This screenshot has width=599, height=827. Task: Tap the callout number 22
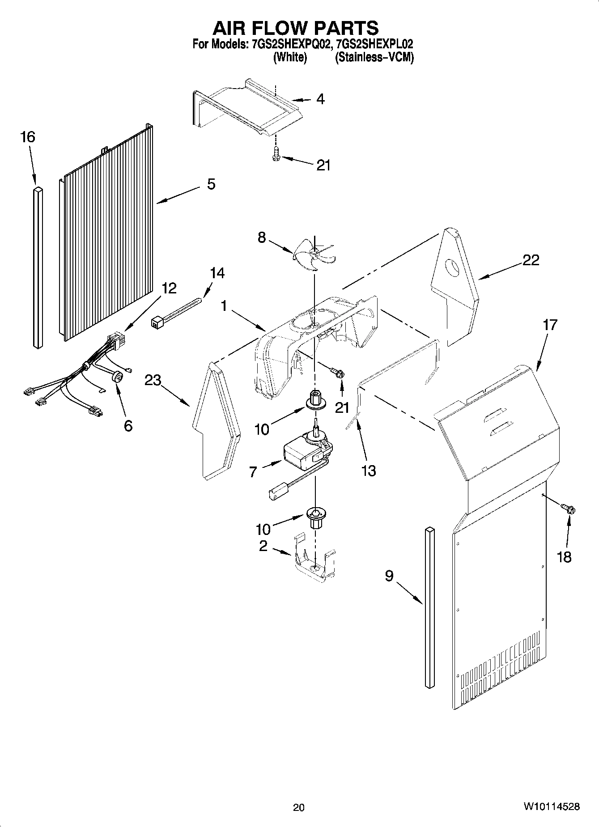click(x=531, y=260)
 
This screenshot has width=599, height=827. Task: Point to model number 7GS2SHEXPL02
click(x=374, y=44)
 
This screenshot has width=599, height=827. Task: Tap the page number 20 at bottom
click(x=298, y=807)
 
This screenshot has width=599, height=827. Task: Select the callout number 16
click(x=27, y=137)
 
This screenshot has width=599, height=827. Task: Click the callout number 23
click(x=153, y=380)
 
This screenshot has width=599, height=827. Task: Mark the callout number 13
click(x=369, y=471)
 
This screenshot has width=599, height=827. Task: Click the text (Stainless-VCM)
click(x=374, y=57)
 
